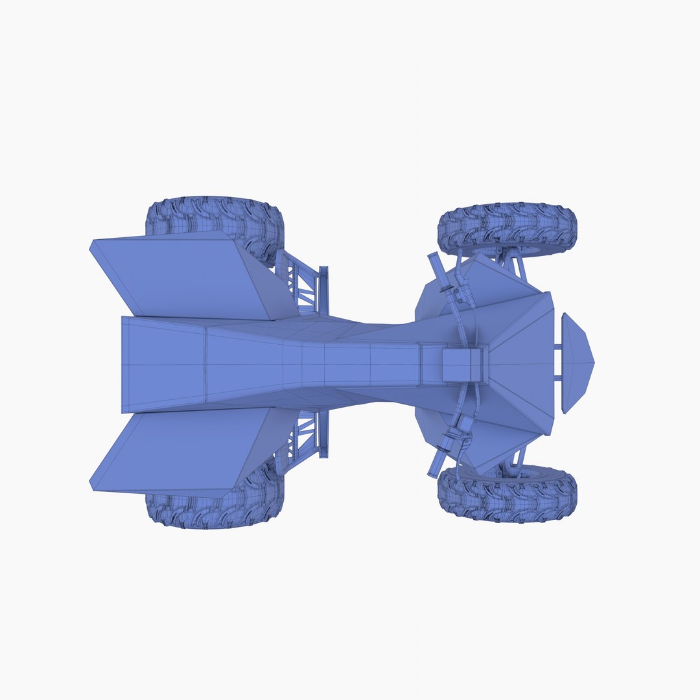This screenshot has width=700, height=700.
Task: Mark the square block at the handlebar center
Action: pyautogui.click(x=461, y=364)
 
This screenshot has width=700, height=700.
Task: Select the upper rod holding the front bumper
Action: pyautogui.click(x=557, y=350)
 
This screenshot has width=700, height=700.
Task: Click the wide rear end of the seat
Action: pyautogui.click(x=162, y=364)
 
